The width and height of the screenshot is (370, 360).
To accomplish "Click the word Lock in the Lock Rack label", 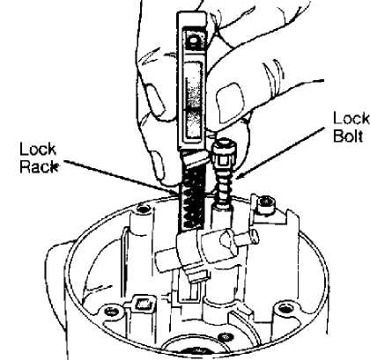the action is tap(37, 150).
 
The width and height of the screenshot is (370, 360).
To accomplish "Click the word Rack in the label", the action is tap(39, 166).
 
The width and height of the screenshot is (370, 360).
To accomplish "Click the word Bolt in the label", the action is tap(348, 136).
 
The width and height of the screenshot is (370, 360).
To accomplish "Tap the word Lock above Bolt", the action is tap(351, 118).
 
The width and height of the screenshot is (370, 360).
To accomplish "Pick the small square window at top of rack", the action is tap(194, 40).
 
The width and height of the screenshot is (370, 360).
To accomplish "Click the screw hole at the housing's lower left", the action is tap(111, 311).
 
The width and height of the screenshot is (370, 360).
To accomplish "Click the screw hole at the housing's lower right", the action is tap(285, 308).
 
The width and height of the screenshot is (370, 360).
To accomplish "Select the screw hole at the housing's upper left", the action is tap(143, 209).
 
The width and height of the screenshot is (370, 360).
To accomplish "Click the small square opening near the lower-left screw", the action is tap(144, 303).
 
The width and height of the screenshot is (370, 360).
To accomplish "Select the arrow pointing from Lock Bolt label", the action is tap(279, 153).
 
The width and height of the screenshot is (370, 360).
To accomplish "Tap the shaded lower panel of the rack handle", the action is tap(193, 124).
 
